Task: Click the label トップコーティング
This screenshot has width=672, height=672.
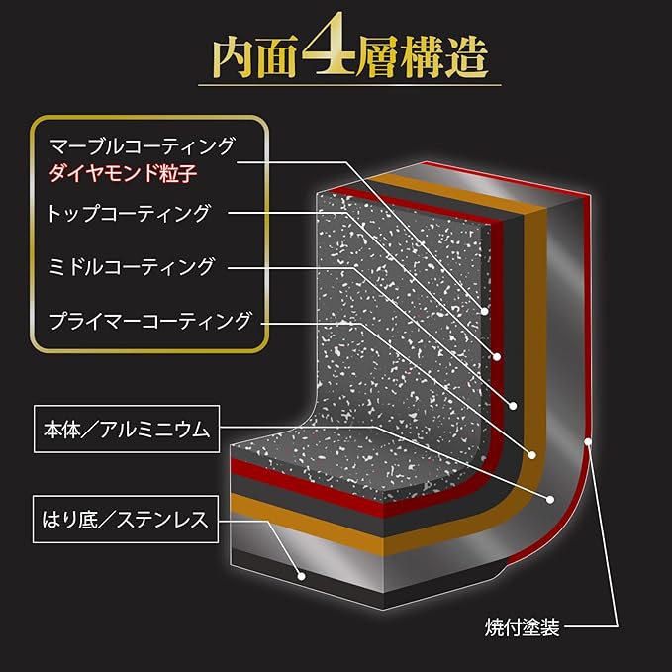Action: [129, 213]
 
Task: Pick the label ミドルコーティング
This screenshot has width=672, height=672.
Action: [131, 266]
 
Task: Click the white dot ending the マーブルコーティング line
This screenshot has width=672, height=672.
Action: [486, 310]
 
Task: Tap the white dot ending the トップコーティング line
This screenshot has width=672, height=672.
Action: [498, 356]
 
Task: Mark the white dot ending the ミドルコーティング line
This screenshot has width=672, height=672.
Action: [514, 405]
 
